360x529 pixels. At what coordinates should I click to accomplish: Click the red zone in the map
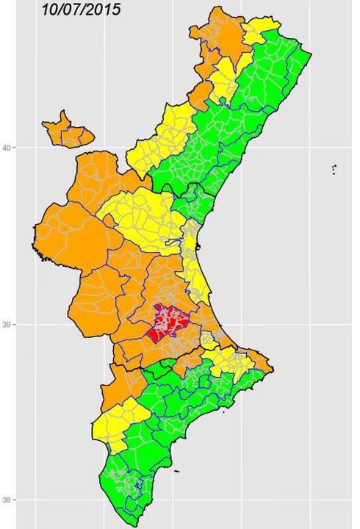169,323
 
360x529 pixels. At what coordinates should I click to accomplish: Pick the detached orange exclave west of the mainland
68,130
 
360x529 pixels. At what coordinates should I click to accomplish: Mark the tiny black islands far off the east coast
334,169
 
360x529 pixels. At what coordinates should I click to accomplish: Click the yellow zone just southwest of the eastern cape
235,360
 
